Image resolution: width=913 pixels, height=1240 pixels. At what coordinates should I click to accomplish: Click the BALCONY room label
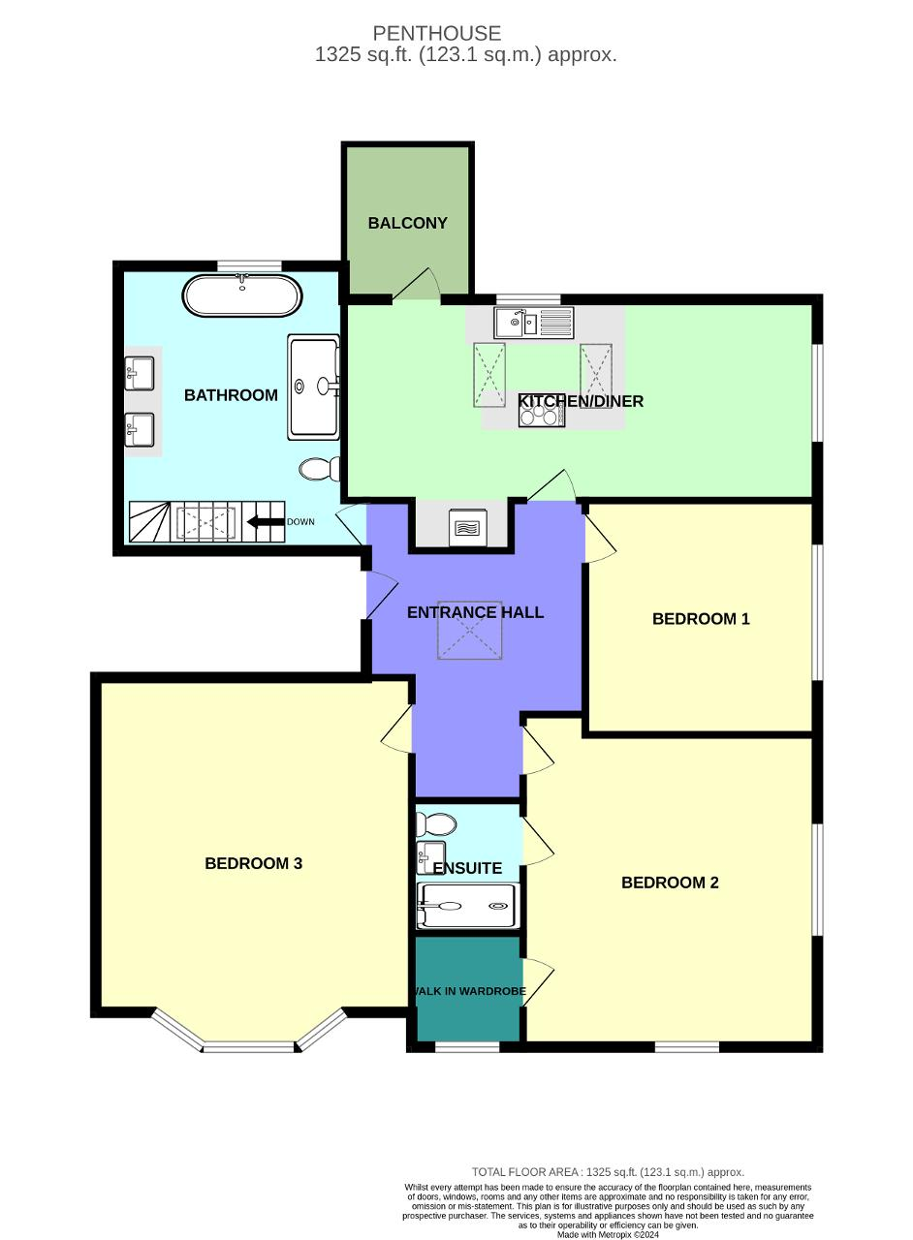pyautogui.click(x=407, y=223)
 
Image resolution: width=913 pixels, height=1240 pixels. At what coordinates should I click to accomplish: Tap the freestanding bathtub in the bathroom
pyautogui.click(x=241, y=295)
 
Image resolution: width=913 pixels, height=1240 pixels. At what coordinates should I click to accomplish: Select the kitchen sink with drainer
pyautogui.click(x=533, y=322)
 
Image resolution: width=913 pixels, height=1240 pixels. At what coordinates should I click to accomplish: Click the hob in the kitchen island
pyautogui.click(x=542, y=416)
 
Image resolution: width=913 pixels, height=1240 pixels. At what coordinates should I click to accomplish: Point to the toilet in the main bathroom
pyautogui.click(x=320, y=470)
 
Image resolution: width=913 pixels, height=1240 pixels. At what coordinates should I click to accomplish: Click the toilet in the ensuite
pyautogui.click(x=435, y=824)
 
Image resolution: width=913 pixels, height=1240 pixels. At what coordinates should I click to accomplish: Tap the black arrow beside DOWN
pyautogui.click(x=265, y=522)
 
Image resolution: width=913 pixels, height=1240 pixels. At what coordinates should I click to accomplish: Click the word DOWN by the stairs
pyautogui.click(x=300, y=522)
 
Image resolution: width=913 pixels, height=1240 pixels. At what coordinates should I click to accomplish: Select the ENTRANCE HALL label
pyautogui.click(x=475, y=612)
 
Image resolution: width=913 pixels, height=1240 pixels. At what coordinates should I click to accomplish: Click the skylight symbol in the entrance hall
pyautogui.click(x=470, y=631)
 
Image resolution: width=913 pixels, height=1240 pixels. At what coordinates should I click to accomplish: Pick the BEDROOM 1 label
pyautogui.click(x=701, y=619)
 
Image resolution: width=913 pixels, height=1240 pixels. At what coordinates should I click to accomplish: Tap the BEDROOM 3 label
pyautogui.click(x=254, y=863)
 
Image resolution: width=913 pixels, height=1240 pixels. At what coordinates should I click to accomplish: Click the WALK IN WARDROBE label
pyautogui.click(x=469, y=991)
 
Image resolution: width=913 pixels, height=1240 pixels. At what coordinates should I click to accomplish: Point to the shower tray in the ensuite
pyautogui.click(x=468, y=907)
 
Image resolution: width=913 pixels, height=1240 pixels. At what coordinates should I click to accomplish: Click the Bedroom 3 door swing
pyautogui.click(x=396, y=728)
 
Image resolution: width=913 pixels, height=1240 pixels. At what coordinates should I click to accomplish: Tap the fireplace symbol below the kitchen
pyautogui.click(x=463, y=528)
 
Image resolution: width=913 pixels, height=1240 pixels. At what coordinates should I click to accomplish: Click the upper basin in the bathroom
pyautogui.click(x=140, y=371)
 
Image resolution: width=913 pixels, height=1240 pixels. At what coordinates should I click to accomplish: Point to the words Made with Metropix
pyautogui.click(x=608, y=1234)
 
